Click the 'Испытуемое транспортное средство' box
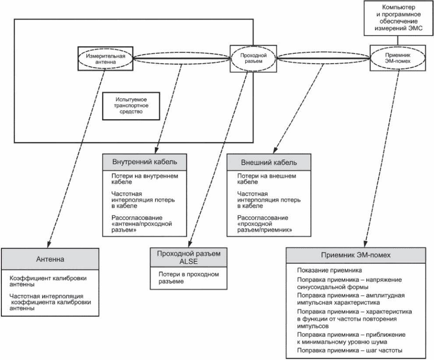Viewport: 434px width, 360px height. coord(127,105)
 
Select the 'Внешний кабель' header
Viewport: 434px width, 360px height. coord(269,162)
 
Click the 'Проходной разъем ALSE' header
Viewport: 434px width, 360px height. coord(192,258)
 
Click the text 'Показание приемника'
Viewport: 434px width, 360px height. coord(325,270)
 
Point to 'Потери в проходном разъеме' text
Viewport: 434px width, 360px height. coord(188,278)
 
